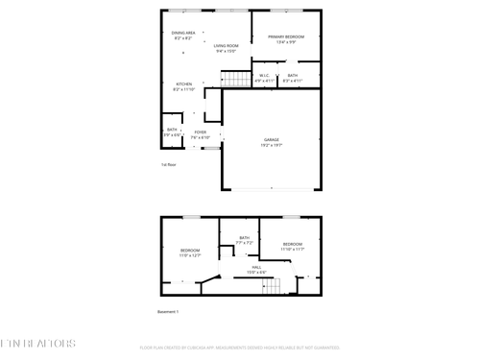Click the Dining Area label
point(184,35)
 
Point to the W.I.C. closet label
point(265,76)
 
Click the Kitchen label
point(185,84)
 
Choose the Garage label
point(272,140)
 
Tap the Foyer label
point(200,132)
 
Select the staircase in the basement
point(276,286)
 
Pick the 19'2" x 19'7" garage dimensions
point(272,145)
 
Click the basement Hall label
point(257,268)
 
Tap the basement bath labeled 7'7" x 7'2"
point(244,240)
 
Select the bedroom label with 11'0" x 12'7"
point(189,252)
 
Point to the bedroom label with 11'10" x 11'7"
point(292,246)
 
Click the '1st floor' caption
point(168,164)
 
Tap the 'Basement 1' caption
point(168,311)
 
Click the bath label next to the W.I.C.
point(292,76)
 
